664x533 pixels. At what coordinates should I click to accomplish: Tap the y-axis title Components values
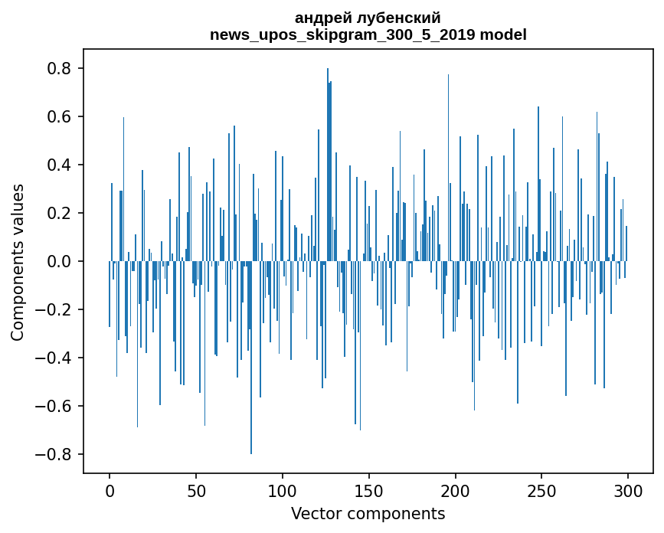(x=18, y=262)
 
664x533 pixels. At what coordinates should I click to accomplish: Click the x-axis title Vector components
(x=368, y=514)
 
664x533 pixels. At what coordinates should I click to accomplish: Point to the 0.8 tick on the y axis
(x=61, y=69)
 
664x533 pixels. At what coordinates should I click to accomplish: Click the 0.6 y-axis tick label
(x=61, y=117)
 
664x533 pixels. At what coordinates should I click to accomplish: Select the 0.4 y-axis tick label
(x=61, y=165)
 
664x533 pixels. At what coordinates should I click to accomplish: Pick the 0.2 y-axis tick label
(x=61, y=214)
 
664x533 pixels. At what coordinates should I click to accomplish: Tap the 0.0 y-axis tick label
(x=61, y=262)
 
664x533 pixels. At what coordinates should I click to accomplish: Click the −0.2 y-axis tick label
(x=55, y=310)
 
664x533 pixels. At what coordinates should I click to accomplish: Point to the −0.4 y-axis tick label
(x=55, y=358)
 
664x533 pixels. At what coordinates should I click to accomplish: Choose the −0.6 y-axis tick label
(x=55, y=407)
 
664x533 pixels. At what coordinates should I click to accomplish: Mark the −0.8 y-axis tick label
(x=55, y=455)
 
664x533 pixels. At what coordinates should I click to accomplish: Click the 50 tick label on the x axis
(x=196, y=491)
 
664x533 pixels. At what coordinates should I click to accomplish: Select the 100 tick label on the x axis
(x=283, y=491)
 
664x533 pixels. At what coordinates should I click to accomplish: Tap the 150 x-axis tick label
(x=369, y=491)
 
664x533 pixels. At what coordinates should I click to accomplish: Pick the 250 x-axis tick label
(x=541, y=491)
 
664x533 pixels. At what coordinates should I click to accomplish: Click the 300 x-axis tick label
(x=628, y=491)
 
